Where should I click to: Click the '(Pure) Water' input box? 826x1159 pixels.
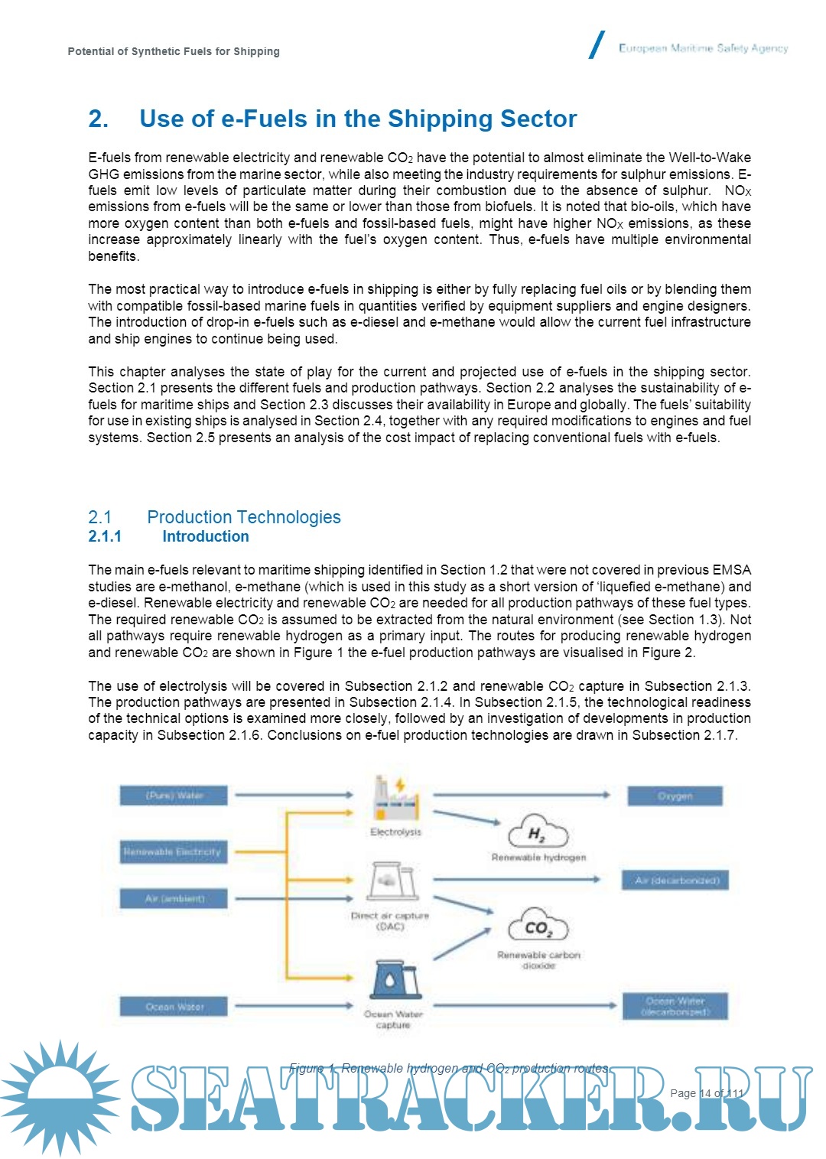click(174, 796)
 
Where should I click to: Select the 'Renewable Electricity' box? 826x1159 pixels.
click(174, 851)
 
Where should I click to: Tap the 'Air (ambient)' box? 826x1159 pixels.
click(174, 898)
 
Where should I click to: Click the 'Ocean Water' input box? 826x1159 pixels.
click(174, 1007)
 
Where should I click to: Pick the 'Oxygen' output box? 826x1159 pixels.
click(675, 796)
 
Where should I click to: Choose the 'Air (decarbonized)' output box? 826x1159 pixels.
click(676, 881)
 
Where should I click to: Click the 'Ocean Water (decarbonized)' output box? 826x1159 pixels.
click(676, 1006)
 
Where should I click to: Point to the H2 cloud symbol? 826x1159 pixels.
click(538, 832)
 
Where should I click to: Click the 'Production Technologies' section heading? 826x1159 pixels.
click(244, 517)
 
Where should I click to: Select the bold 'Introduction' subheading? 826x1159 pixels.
click(205, 536)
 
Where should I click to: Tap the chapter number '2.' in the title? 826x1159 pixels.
click(98, 119)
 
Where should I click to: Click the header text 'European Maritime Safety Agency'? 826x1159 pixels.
click(703, 48)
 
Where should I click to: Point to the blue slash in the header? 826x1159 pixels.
click(597, 45)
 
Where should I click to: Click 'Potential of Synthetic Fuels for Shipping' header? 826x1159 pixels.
click(174, 51)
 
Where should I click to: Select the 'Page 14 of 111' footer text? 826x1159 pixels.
click(706, 1092)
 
